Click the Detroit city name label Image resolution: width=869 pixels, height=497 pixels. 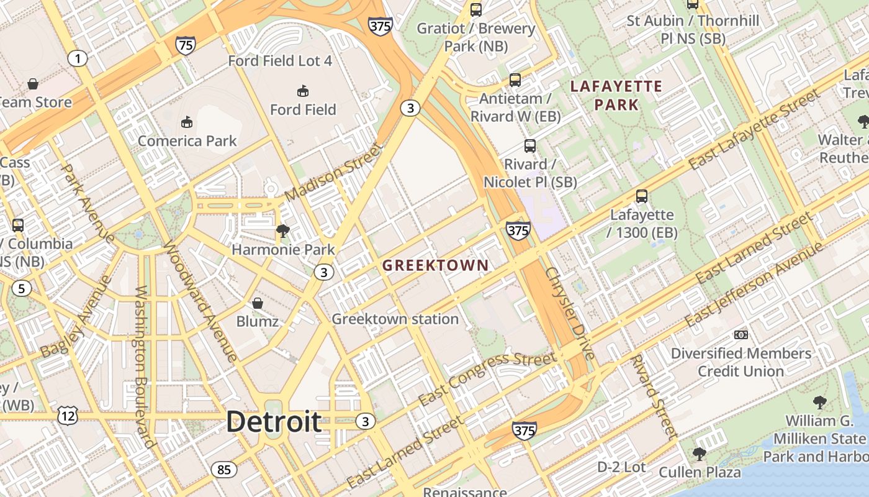[274, 422]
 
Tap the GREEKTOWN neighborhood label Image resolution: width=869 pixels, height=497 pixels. [435, 266]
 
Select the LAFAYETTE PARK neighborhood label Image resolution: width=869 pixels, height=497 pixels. [616, 96]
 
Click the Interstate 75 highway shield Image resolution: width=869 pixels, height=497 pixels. [185, 45]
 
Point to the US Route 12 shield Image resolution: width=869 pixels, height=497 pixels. [67, 416]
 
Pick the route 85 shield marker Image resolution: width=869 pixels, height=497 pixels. [223, 470]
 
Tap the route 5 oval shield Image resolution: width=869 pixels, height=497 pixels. [22, 288]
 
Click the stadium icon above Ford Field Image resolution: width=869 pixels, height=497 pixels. [303, 91]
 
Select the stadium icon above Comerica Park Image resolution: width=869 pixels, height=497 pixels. [187, 122]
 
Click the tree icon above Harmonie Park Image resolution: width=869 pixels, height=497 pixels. [283, 232]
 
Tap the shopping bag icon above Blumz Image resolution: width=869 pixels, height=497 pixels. [257, 303]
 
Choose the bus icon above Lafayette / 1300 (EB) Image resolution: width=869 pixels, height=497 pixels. [642, 196]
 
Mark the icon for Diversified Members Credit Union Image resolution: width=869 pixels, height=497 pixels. [741, 335]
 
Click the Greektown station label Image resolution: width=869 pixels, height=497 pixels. [395, 319]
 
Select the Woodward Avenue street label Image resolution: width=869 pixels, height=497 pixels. [199, 301]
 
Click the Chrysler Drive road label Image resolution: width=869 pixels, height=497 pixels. [570, 314]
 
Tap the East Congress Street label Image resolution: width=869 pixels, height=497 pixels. [487, 378]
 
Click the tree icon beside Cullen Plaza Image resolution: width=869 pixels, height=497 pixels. [700, 454]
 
